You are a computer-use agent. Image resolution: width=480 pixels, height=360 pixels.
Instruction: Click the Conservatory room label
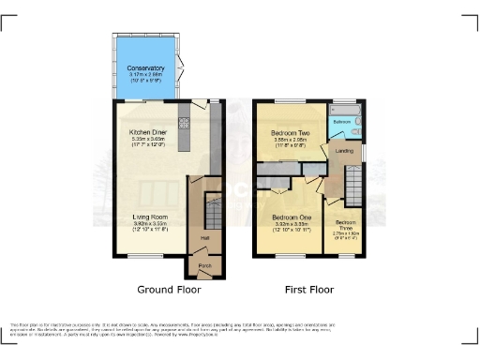[145, 67]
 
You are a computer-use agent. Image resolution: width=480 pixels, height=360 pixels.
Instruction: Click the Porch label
[203, 265]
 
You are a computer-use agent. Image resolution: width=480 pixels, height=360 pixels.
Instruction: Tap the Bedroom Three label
[345, 225]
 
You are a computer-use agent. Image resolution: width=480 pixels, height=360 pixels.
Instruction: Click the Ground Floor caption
[169, 290]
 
